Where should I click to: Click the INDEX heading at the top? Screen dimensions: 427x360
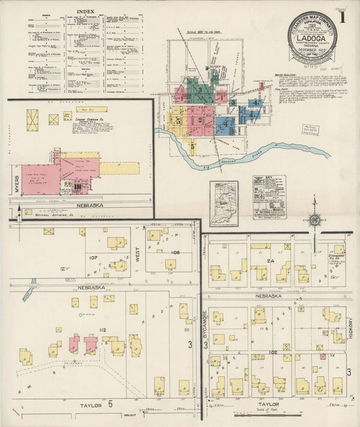coord(86,11)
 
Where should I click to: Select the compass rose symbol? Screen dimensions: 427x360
coord(313,220)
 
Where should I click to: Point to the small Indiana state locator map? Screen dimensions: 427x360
coord(224,203)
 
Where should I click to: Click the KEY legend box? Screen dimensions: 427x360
coord(269,197)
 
